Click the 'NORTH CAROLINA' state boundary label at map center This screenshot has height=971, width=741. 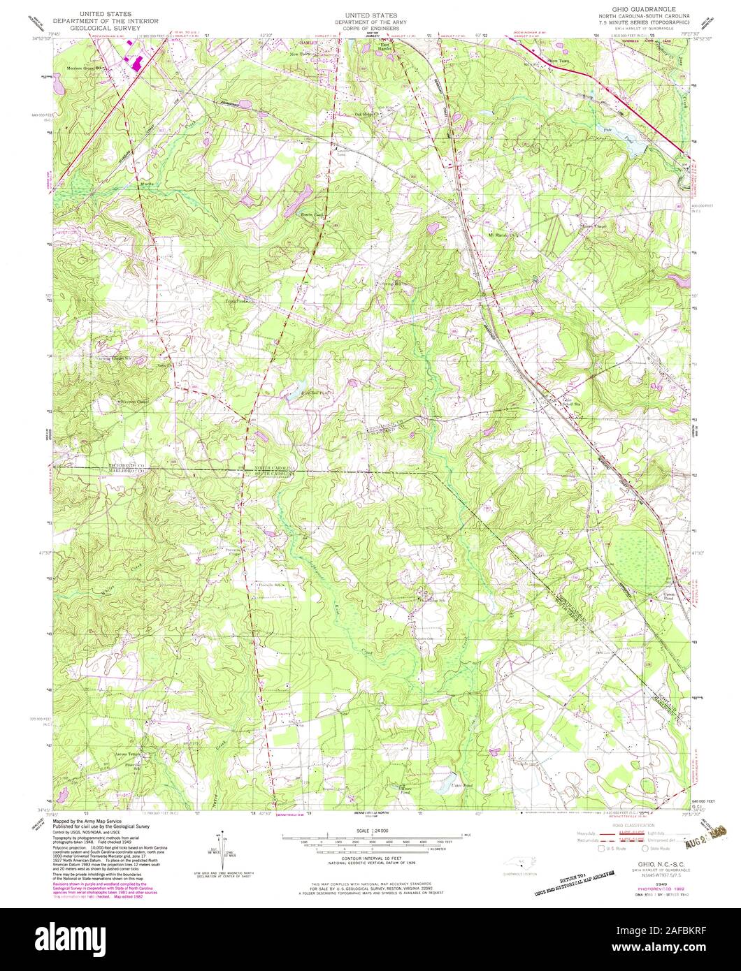[275, 468]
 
